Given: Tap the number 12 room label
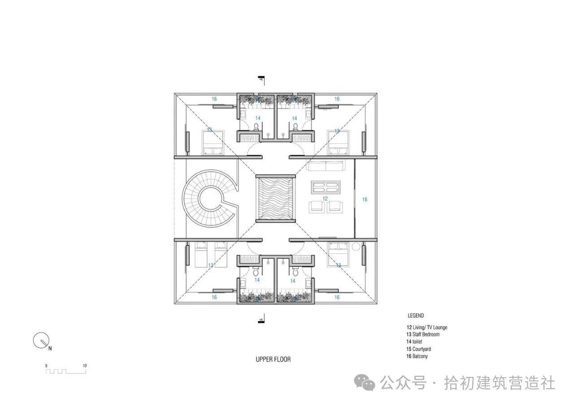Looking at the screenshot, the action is pyautogui.click(x=325, y=199).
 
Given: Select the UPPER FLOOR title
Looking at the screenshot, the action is pyautogui.click(x=273, y=359).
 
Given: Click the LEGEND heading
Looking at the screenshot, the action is pyautogui.click(x=416, y=315).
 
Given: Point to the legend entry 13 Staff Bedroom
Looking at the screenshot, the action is pyautogui.click(x=423, y=334).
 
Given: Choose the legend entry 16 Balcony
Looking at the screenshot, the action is pyautogui.click(x=417, y=356).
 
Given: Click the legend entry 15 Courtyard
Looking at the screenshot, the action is pyautogui.click(x=418, y=349).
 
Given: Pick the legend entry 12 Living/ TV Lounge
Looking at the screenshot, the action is pyautogui.click(x=426, y=327).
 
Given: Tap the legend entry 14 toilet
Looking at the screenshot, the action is pyautogui.click(x=414, y=341).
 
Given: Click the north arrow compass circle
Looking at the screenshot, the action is pyautogui.click(x=41, y=341).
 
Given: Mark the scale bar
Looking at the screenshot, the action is pyautogui.click(x=66, y=371).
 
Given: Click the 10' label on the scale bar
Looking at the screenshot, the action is pyautogui.click(x=85, y=366).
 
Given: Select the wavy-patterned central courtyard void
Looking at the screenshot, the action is pyautogui.click(x=275, y=199).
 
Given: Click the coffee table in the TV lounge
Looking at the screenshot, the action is pyautogui.click(x=326, y=187).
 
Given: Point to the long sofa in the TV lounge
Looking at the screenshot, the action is pyautogui.click(x=325, y=166).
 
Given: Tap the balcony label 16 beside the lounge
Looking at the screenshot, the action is pyautogui.click(x=365, y=200).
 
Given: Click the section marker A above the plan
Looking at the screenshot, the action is pyautogui.click(x=261, y=79).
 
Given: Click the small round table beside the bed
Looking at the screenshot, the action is pyautogui.click(x=356, y=247).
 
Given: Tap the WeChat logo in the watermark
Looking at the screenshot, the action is pyautogui.click(x=364, y=382).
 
